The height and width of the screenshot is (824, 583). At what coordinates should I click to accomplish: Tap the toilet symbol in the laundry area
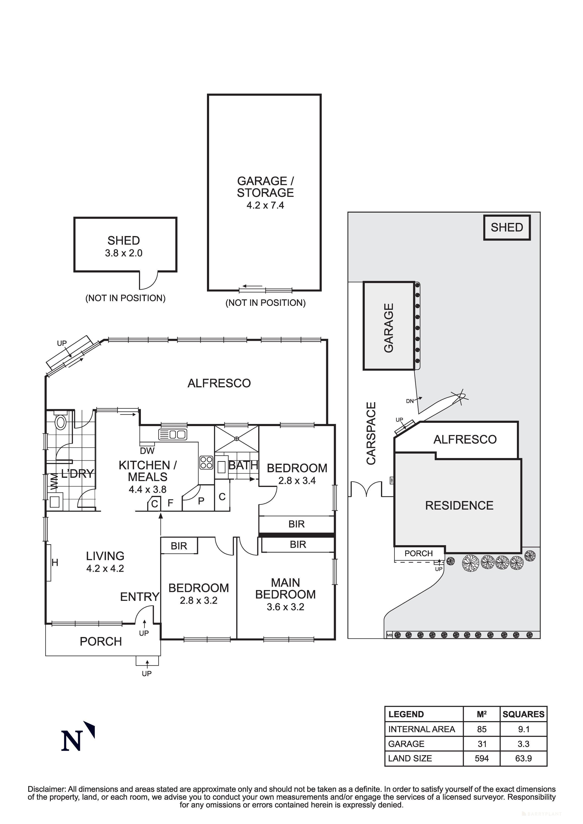[61, 422]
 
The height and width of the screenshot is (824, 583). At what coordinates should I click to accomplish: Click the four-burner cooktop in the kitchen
[206, 463]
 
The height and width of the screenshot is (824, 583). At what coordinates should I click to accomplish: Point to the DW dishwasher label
[147, 451]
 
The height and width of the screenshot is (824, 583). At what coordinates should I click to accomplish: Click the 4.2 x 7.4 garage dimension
[265, 205]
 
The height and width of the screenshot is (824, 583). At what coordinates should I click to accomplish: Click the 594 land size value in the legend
[481, 758]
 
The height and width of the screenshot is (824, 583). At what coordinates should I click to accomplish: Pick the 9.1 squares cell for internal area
[523, 729]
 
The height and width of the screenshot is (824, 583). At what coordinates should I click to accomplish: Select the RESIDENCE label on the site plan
[459, 505]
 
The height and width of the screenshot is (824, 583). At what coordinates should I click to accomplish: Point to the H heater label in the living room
[55, 562]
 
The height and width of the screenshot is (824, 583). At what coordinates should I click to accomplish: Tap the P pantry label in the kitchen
[201, 501]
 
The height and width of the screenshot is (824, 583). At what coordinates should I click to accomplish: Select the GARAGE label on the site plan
[389, 328]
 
